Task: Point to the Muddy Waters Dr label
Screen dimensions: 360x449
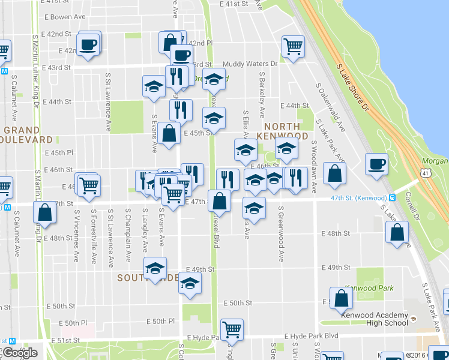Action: [x=250, y=64]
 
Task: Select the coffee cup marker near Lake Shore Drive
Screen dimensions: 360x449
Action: [x=376, y=164]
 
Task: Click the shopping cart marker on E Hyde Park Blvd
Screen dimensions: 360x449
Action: [x=231, y=329]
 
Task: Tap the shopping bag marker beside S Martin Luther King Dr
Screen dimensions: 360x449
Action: [x=45, y=212]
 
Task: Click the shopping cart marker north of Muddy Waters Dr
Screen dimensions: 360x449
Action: [x=293, y=46]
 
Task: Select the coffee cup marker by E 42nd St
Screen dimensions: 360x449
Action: [x=88, y=44]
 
